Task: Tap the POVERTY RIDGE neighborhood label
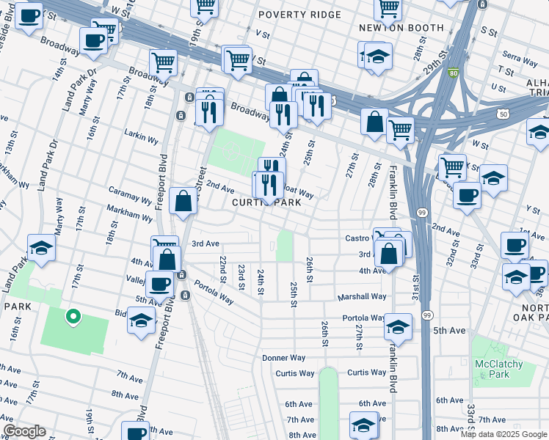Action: point(299,15)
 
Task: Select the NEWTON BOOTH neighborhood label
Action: point(401,28)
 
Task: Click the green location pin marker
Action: point(73,317)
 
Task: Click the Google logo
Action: point(23,431)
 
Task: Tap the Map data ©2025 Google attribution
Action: point(503,434)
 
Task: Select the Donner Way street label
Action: point(284,358)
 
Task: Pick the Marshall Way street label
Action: point(361,297)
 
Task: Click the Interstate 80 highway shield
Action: point(455,73)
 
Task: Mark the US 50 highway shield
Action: point(502,114)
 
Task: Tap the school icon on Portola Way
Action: point(397,326)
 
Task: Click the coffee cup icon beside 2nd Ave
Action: point(467,196)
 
